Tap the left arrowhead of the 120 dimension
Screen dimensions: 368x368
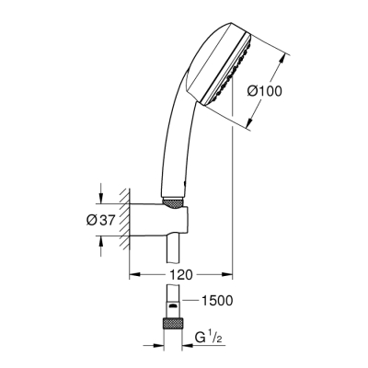pos(132,274)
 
